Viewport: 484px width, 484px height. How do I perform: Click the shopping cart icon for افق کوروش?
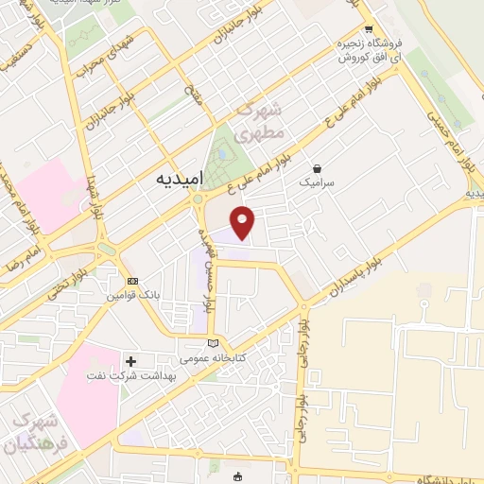[369, 29]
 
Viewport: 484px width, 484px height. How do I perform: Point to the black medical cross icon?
[130, 360]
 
